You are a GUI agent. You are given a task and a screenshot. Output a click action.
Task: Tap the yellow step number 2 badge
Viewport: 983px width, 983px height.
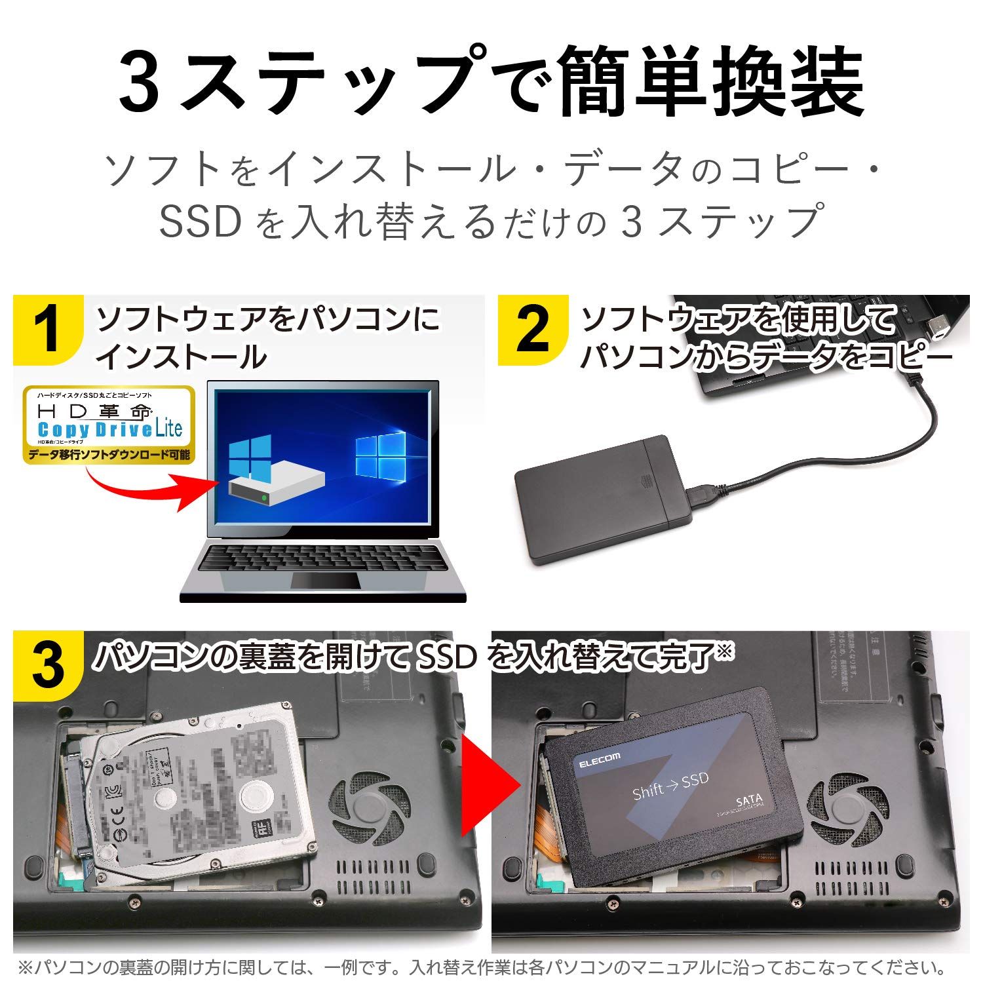pyautogui.click(x=532, y=330)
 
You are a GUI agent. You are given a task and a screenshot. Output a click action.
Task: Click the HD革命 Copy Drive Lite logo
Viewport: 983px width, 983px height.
pyautogui.click(x=108, y=423)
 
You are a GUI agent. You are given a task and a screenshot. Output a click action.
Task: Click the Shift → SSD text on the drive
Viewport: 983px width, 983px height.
pyautogui.click(x=670, y=785)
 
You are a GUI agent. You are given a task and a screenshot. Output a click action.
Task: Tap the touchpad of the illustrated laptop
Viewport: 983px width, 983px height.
pyautogui.click(x=326, y=581)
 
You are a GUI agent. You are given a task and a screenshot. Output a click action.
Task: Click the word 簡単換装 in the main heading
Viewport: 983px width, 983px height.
pyautogui.click(x=711, y=82)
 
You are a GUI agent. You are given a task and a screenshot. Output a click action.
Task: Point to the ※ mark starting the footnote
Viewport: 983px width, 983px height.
pyautogui.click(x=24, y=967)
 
